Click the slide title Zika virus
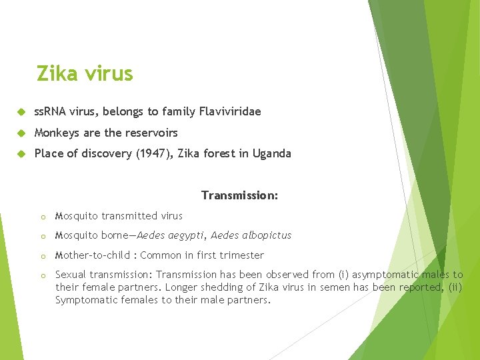[x=85, y=73]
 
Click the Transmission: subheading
[x=239, y=195]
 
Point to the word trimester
[x=241, y=255]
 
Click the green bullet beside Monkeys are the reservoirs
[x=21, y=133]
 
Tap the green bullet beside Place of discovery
[x=21, y=154]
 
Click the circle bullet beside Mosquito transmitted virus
[x=42, y=217]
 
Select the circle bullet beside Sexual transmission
[x=42, y=275]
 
